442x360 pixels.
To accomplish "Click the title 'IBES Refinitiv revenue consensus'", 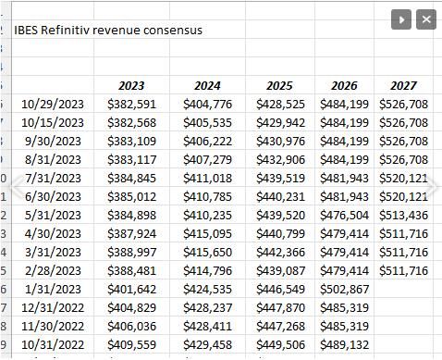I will click(x=108, y=30).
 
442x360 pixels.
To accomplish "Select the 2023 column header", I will click(x=131, y=86).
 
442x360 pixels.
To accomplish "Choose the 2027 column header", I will click(x=403, y=86).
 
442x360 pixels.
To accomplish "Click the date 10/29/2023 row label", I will click(x=53, y=105).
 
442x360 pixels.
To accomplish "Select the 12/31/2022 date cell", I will click(x=53, y=306).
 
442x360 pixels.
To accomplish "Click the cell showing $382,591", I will click(x=131, y=105).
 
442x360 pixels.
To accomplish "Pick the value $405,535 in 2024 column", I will click(x=207, y=123).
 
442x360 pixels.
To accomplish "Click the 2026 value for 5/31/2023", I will click(x=344, y=215).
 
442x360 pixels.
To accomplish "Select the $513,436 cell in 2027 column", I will click(x=403, y=215).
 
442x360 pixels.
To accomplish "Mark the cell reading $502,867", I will click(x=344, y=288).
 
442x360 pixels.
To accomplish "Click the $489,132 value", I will click(x=344, y=343).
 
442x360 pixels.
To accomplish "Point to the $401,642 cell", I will click(x=131, y=288).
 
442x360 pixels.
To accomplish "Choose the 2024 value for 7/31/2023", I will click(x=207, y=178).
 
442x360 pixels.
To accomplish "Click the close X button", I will click(x=425, y=19).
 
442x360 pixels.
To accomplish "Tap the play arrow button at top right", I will click(x=400, y=19).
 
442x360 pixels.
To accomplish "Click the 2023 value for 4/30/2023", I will click(x=131, y=233).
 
